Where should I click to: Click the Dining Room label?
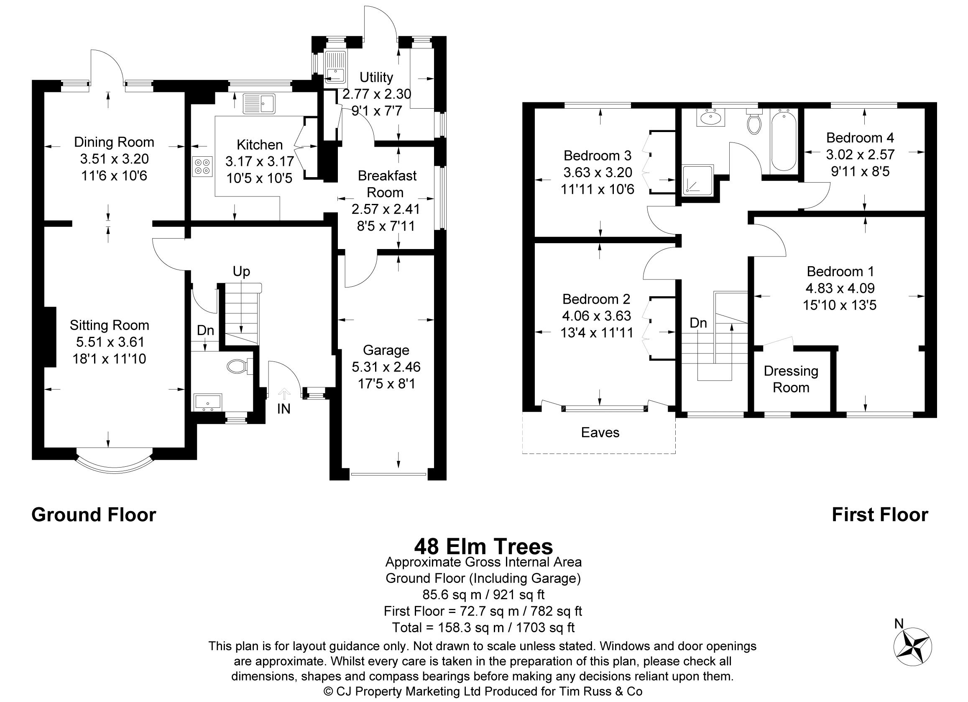click(114, 142)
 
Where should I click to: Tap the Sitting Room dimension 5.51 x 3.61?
click(110, 342)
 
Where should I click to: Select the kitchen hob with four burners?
click(203, 166)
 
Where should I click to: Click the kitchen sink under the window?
click(259, 104)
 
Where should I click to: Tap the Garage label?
click(386, 350)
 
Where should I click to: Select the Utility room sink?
click(335, 66)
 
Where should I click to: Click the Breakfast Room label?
click(387, 184)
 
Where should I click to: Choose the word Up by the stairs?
click(241, 272)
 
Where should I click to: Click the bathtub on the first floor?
click(783, 140)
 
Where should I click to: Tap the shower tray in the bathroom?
click(697, 181)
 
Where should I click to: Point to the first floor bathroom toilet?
click(755, 121)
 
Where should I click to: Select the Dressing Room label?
click(791, 379)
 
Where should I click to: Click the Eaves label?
click(600, 432)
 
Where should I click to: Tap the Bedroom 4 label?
click(860, 138)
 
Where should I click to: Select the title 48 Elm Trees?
click(483, 546)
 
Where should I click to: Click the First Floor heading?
click(880, 515)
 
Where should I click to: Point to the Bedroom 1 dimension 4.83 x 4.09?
click(840, 288)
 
